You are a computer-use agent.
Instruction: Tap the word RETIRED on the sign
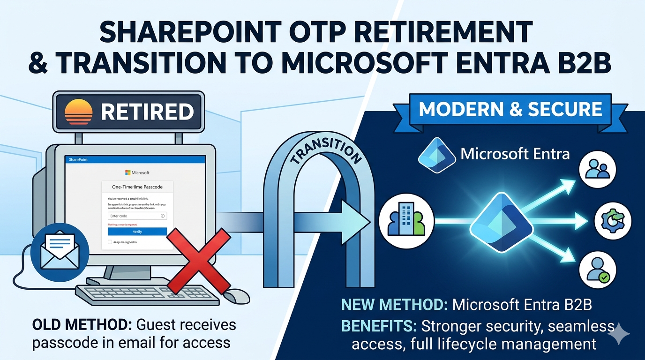(x=147, y=112)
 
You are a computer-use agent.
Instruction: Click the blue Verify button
(x=137, y=232)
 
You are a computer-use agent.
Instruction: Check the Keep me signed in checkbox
(x=110, y=242)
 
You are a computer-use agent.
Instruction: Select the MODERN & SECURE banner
(x=510, y=110)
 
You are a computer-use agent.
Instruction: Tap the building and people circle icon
(x=406, y=219)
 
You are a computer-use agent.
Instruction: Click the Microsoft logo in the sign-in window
(x=128, y=172)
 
